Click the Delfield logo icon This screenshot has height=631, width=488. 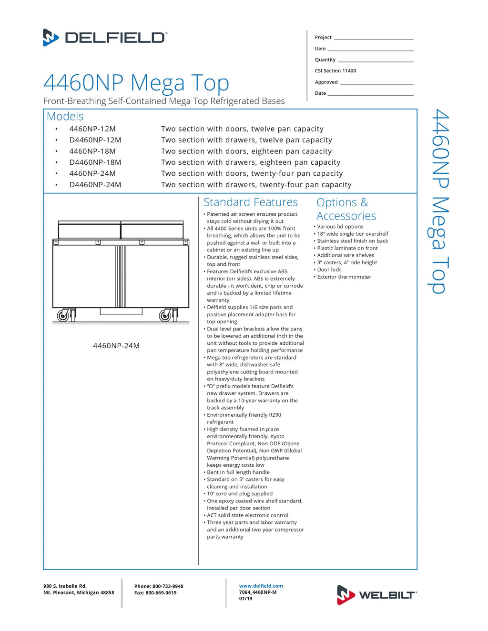point(51,37)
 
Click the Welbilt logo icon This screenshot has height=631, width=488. point(346,595)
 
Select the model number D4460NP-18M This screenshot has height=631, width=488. point(95,162)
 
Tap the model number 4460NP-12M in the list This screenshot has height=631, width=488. point(92,129)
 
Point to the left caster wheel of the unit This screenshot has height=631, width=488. point(63,315)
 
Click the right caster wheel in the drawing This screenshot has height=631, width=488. point(165,315)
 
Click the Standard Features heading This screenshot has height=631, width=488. point(250,202)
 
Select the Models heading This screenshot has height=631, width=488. point(65,116)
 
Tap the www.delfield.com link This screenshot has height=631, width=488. point(261,586)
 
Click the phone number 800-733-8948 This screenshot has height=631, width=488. point(168,586)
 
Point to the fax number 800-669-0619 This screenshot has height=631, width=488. point(161,593)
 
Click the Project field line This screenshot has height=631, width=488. point(374,38)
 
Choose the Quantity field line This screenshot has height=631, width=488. point(376,60)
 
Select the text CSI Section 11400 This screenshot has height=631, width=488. point(335,71)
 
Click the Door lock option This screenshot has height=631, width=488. point(329,270)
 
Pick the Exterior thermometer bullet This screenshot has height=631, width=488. point(344,277)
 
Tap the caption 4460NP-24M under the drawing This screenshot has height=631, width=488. point(116,346)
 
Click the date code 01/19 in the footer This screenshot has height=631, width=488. point(245,599)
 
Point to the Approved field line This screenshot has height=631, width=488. point(376,83)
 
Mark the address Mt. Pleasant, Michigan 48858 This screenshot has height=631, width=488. point(79,593)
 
